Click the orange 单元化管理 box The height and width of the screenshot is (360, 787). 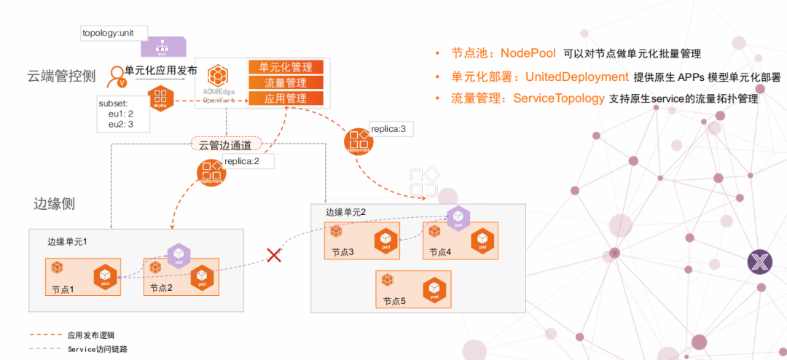(286, 67)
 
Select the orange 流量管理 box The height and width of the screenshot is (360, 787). (286, 83)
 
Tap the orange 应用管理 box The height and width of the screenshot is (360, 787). (286, 98)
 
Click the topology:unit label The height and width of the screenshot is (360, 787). (114, 33)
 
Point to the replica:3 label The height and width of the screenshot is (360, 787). (393, 129)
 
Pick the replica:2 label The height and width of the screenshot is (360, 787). (242, 161)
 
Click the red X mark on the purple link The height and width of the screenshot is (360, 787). (274, 255)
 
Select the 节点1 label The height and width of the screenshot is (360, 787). (63, 289)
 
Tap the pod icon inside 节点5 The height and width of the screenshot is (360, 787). (434, 288)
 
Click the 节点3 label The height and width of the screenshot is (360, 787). (342, 252)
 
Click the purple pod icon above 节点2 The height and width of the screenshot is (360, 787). (179, 254)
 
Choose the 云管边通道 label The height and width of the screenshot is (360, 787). (225, 144)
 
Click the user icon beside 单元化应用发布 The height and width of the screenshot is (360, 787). (115, 75)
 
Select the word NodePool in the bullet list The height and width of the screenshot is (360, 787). (528, 53)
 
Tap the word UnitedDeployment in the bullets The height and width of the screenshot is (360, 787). (577, 77)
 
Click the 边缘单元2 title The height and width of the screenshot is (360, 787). (346, 212)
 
